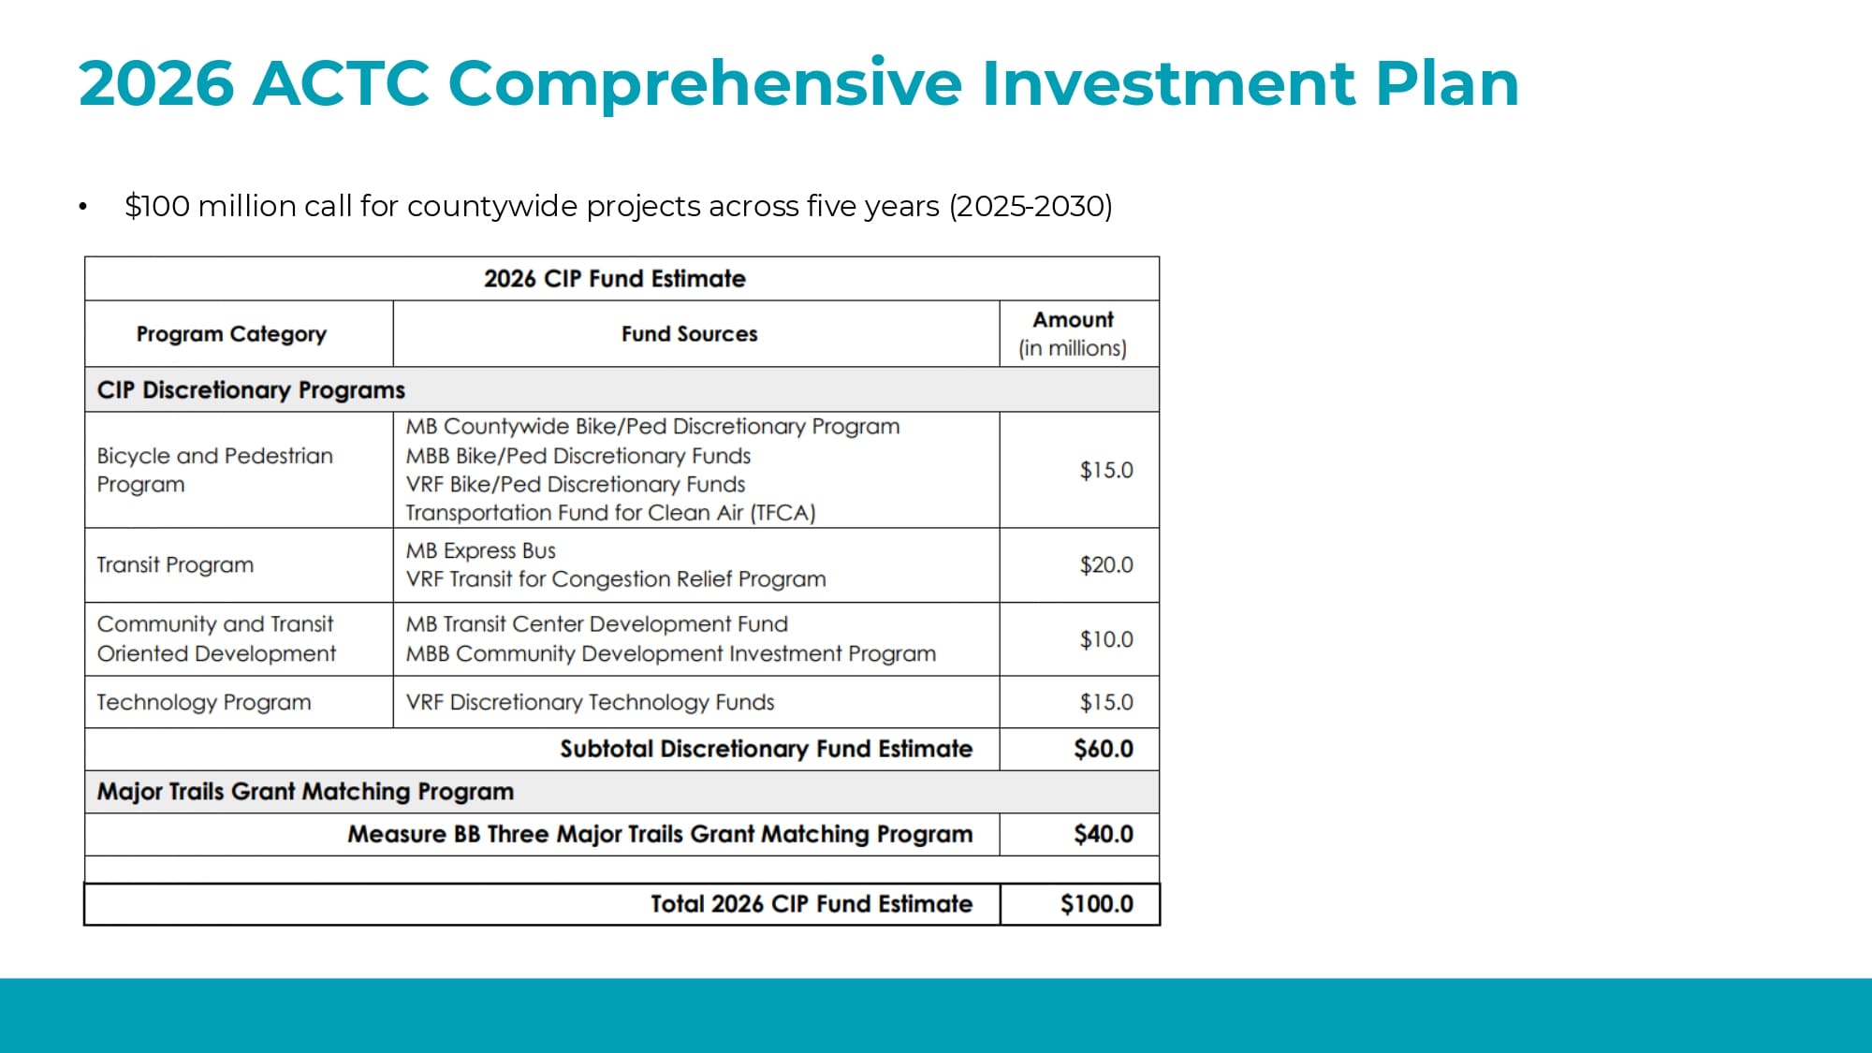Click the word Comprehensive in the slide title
pyautogui.click(x=705, y=84)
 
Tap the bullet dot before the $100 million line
pyautogui.click(x=83, y=207)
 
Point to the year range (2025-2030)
pyautogui.click(x=1031, y=206)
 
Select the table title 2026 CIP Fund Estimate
pyautogui.click(x=614, y=279)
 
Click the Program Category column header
pyautogui.click(x=231, y=334)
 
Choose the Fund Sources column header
pyautogui.click(x=689, y=334)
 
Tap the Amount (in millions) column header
pyautogui.click(x=1073, y=334)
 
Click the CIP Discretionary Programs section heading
pyautogui.click(x=251, y=390)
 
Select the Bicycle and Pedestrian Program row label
pyautogui.click(x=214, y=470)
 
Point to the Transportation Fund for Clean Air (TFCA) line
pyautogui.click(x=610, y=513)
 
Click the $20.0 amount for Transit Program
pyautogui.click(x=1105, y=565)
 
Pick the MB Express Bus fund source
pyautogui.click(x=480, y=551)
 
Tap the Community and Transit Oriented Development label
pyautogui.click(x=216, y=639)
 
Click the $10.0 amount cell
pyautogui.click(x=1105, y=640)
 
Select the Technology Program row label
pyautogui.click(x=203, y=703)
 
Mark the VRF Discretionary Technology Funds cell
pyautogui.click(x=590, y=703)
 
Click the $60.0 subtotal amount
pyautogui.click(x=1103, y=750)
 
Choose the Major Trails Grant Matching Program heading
pyautogui.click(x=305, y=792)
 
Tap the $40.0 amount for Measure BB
pyautogui.click(x=1103, y=835)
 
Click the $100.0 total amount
pyautogui.click(x=1096, y=904)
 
